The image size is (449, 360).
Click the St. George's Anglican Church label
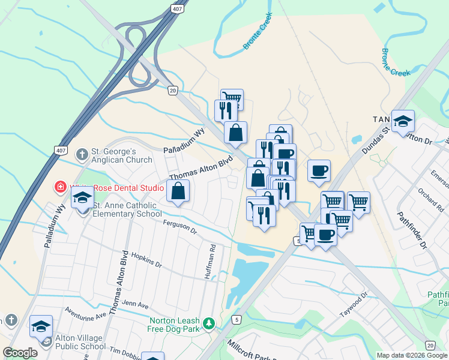click(121, 155)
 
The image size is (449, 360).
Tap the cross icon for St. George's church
click(82, 154)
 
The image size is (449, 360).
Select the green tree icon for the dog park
click(209, 323)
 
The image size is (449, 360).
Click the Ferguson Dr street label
click(179, 226)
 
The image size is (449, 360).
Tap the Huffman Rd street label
click(212, 256)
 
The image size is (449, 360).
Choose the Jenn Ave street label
click(134, 304)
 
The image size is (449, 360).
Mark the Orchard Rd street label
click(432, 202)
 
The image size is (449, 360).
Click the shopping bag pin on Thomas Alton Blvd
click(178, 191)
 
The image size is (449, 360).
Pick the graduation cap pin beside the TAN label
click(403, 122)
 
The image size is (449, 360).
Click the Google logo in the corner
click(20, 353)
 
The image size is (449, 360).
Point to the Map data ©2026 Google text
click(412, 355)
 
